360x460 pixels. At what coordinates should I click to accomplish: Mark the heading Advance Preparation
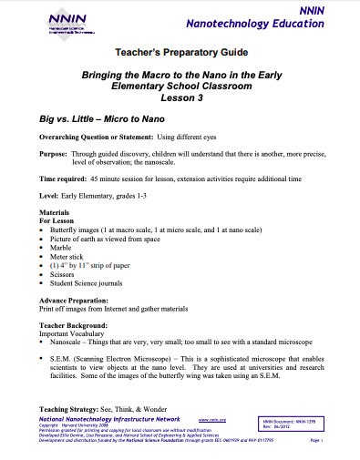point(67,298)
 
